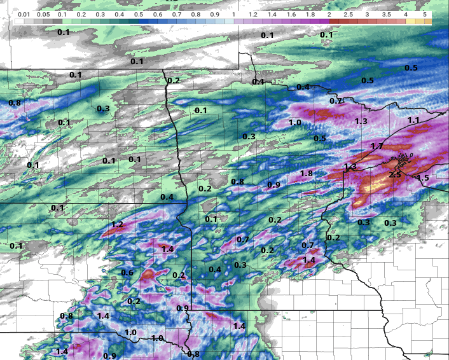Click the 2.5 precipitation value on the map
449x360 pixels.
[395, 174]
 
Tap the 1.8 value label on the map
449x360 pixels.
[306, 174]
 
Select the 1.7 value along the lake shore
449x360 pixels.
[376, 146]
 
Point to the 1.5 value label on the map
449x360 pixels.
[423, 177]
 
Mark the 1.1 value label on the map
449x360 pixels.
[413, 120]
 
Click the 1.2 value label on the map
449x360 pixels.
[117, 225]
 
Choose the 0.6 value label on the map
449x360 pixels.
[127, 273]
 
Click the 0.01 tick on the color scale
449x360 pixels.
[24, 13]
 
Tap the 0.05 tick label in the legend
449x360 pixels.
[43, 13]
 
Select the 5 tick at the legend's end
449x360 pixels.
[424, 13]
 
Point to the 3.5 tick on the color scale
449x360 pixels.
[386, 13]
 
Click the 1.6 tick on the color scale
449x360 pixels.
[291, 13]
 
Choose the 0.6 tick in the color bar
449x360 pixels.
[157, 13]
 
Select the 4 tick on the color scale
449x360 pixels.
[405, 13]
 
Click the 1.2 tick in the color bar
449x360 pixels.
[252, 13]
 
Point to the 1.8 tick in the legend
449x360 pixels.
[310, 13]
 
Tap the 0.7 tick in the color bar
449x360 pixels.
[176, 13]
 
